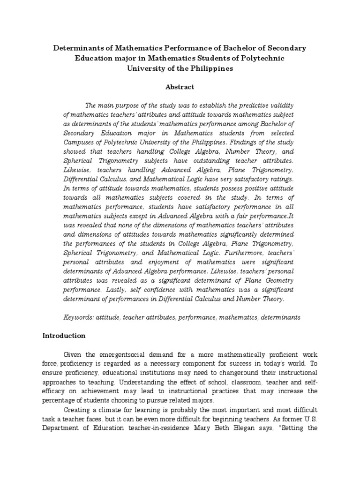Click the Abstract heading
[x=180, y=87]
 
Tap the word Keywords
[x=78, y=317]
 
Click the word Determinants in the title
[x=77, y=48]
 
